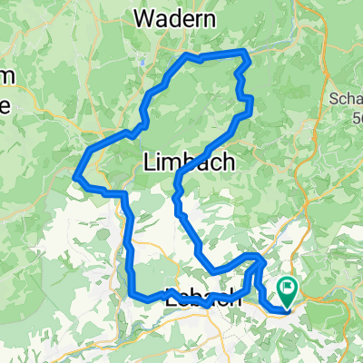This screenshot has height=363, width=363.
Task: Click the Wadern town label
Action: pyautogui.click(x=174, y=17)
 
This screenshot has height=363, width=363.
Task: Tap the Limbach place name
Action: pyautogui.click(x=189, y=162)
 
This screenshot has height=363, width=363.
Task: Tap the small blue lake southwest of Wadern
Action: pyautogui.click(x=143, y=64)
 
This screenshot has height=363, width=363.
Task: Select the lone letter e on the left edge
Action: pyautogui.click(x=5, y=103)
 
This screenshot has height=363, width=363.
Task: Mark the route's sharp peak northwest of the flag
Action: pyautogui.click(x=260, y=260)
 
